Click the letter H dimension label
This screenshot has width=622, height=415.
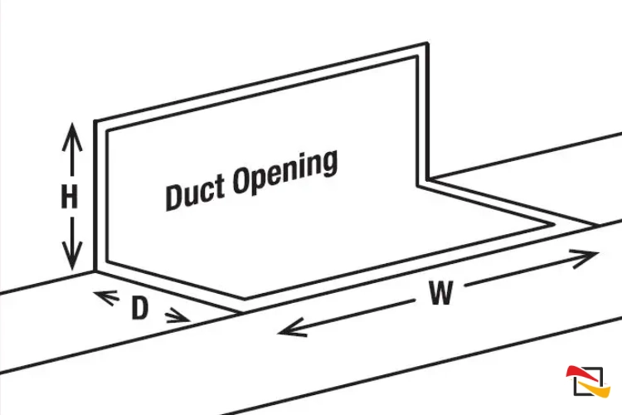coord(70,197)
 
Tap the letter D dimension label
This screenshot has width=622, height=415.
coord(140,308)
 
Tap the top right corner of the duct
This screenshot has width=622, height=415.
coord(427,44)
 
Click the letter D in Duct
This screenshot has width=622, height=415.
coord(175,195)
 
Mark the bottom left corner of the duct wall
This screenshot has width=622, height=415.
coord(95,270)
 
